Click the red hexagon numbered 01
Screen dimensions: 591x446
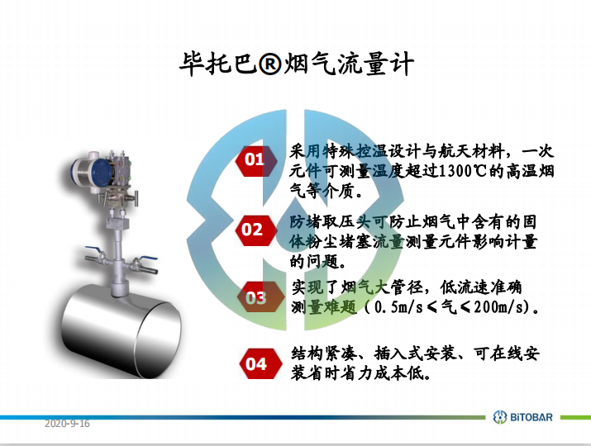tap(256, 161)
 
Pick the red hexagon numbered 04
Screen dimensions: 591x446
tap(260, 363)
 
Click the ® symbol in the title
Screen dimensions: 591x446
tap(269, 64)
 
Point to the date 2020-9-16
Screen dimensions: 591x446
tap(67, 424)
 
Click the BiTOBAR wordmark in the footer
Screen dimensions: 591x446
tap(531, 417)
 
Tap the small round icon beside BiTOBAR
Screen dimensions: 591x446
tap(500, 417)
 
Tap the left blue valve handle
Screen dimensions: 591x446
tap(94, 250)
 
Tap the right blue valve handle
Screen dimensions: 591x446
tap(149, 259)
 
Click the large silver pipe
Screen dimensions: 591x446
tap(122, 330)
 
